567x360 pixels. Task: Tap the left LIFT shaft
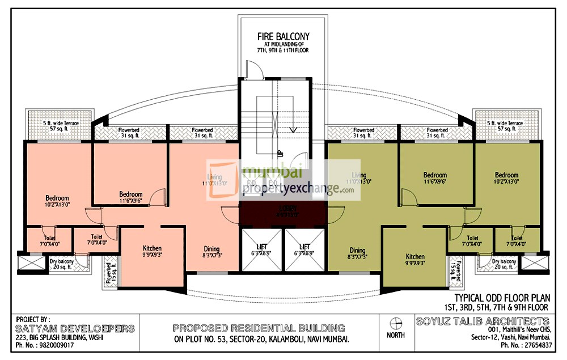pyautogui.click(x=261, y=250)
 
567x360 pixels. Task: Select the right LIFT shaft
pyautogui.click(x=305, y=250)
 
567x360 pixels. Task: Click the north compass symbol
pyautogui.click(x=396, y=324)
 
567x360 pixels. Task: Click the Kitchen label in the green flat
pyautogui.click(x=415, y=260)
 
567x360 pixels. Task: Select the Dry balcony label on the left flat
pyautogui.click(x=61, y=264)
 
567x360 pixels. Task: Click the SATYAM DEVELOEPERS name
pyautogui.click(x=76, y=328)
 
